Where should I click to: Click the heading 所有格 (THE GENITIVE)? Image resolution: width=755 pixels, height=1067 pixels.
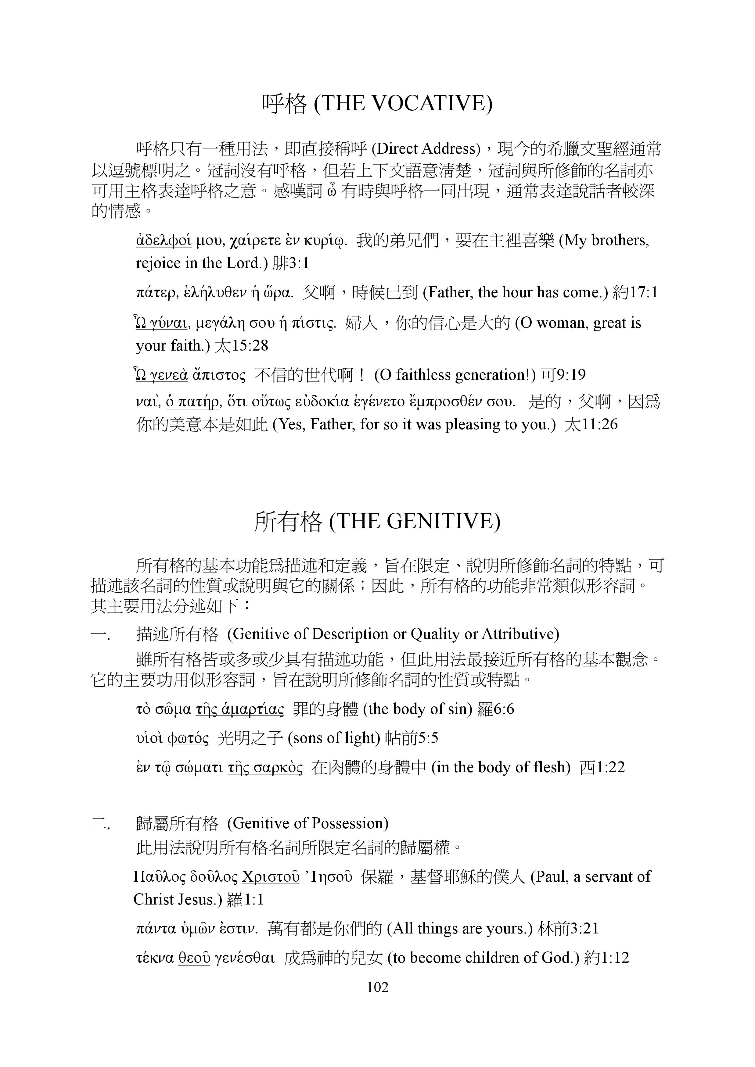[377, 521]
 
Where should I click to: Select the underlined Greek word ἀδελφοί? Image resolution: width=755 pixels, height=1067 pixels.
[164, 241]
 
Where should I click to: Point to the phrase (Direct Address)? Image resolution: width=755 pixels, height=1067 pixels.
[426, 149]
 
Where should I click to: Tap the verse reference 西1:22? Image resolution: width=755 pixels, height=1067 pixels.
[602, 767]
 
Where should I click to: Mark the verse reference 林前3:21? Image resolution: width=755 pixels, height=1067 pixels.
[568, 929]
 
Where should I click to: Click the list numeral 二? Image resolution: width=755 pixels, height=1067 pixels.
[99, 823]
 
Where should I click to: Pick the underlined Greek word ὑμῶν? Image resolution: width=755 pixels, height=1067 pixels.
[198, 929]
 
